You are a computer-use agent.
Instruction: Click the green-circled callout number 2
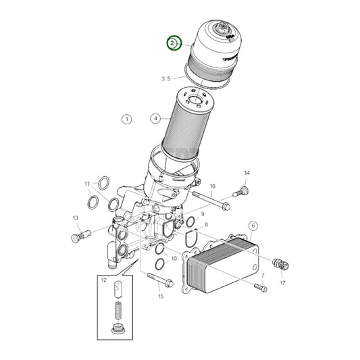[x=174, y=44]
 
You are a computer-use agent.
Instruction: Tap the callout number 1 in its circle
[x=126, y=120]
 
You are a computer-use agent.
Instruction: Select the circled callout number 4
[x=155, y=118]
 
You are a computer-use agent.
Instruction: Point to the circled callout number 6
[x=253, y=225]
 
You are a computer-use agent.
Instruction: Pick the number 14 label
[x=247, y=174]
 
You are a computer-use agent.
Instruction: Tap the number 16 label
[x=212, y=186]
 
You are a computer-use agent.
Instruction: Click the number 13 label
[x=76, y=217]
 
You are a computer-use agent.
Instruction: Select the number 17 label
[x=282, y=283]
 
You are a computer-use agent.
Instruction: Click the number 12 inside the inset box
[x=104, y=280]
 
